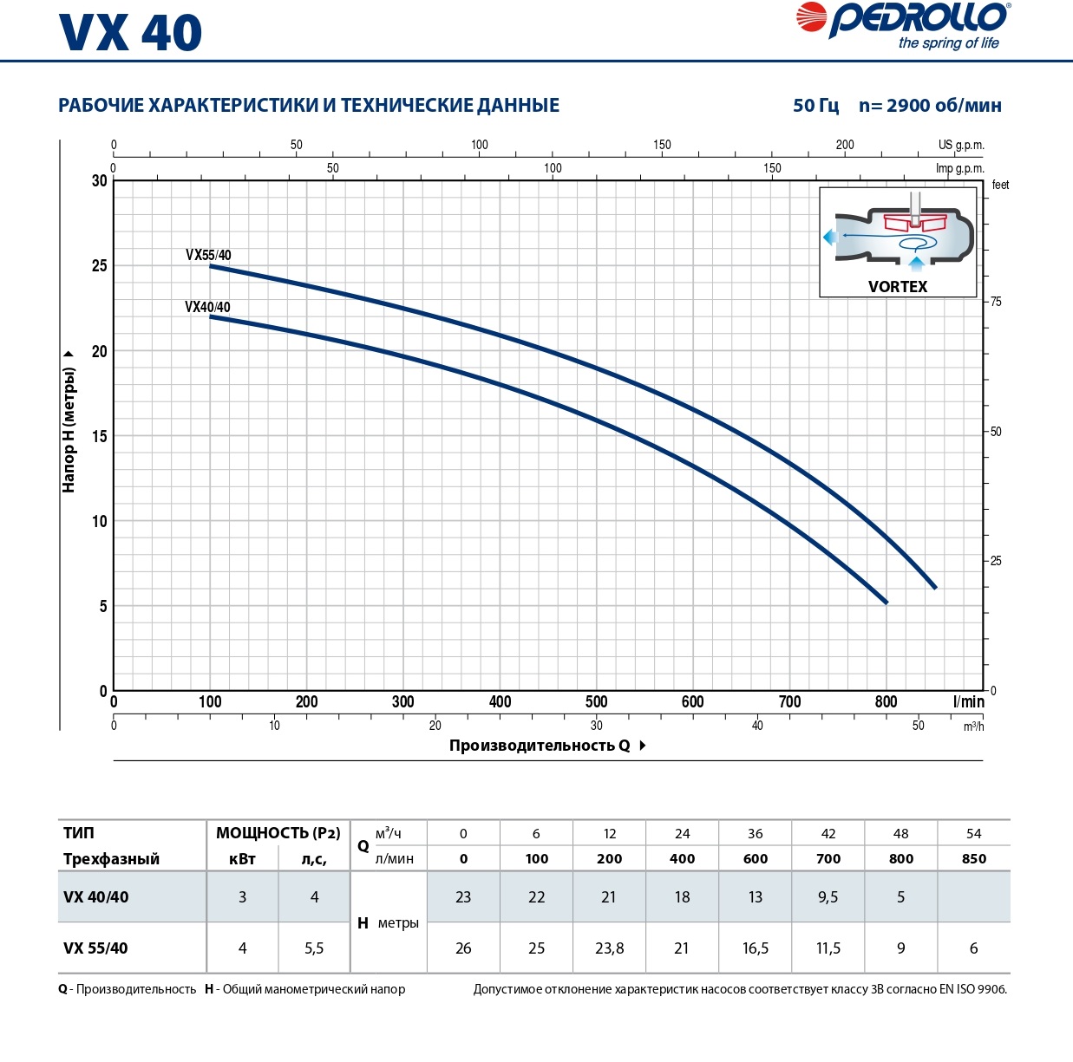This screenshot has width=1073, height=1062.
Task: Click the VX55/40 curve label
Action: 208,255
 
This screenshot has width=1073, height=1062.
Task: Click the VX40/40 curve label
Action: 207,307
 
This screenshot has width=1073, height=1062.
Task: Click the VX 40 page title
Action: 130,33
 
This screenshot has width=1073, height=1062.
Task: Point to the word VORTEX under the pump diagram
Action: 898,287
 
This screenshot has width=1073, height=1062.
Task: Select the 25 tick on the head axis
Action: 100,265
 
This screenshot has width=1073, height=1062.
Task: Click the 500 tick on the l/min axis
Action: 596,702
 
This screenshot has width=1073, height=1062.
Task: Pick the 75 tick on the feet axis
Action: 996,302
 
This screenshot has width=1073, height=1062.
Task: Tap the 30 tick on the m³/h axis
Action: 596,726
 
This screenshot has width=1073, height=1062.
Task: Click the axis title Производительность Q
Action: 540,746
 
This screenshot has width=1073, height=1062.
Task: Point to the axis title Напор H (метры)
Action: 69,429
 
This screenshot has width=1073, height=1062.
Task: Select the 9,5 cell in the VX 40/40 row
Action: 828,897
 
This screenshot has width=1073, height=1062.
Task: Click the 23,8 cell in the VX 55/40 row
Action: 609,948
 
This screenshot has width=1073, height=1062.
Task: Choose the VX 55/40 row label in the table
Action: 95,948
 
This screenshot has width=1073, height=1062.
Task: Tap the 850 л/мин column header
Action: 973,858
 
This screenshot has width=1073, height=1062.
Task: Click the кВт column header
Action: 242,858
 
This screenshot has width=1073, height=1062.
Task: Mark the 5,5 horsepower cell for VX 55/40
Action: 314,948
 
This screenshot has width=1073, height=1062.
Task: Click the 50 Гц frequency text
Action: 815,106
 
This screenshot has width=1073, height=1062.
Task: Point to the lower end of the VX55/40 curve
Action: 935,588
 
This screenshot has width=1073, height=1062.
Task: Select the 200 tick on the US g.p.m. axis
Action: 844,145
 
